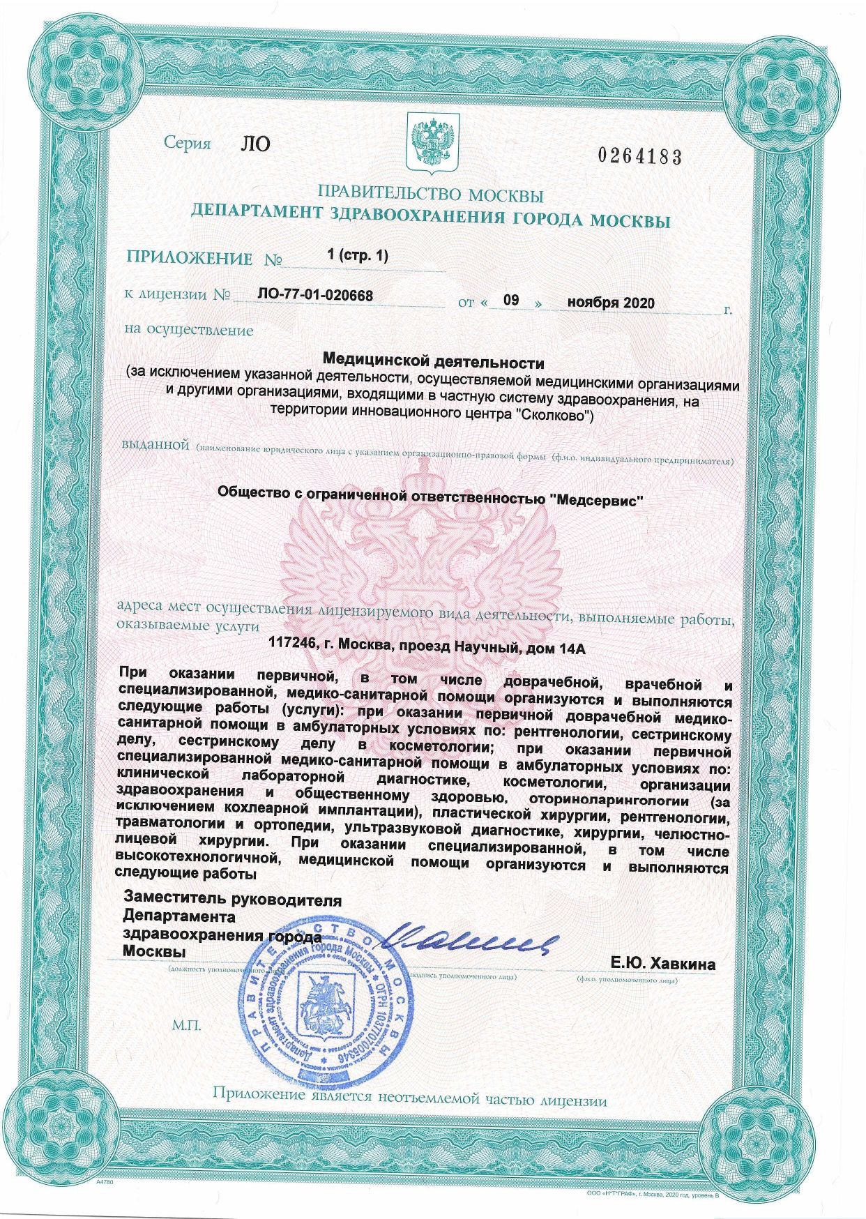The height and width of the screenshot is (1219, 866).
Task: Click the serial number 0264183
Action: [x=639, y=156]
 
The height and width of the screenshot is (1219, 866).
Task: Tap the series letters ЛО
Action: [x=255, y=144]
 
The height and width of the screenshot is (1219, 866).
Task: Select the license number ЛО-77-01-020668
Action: [x=315, y=296]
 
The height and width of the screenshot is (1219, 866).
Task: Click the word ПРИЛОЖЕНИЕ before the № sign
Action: [x=190, y=258]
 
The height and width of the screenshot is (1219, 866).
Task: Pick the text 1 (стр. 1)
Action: [x=357, y=255]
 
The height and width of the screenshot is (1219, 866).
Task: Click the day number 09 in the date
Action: [x=511, y=301]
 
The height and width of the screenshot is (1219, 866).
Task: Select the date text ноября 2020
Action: [x=611, y=303]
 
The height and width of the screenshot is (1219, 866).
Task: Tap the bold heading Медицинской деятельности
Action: [x=433, y=363]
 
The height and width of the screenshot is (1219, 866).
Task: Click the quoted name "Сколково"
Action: [x=557, y=417]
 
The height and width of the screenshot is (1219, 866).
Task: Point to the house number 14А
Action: [x=571, y=649]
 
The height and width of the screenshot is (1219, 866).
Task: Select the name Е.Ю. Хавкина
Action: [x=662, y=964]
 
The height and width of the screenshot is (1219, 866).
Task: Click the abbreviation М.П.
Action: [x=186, y=1026]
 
